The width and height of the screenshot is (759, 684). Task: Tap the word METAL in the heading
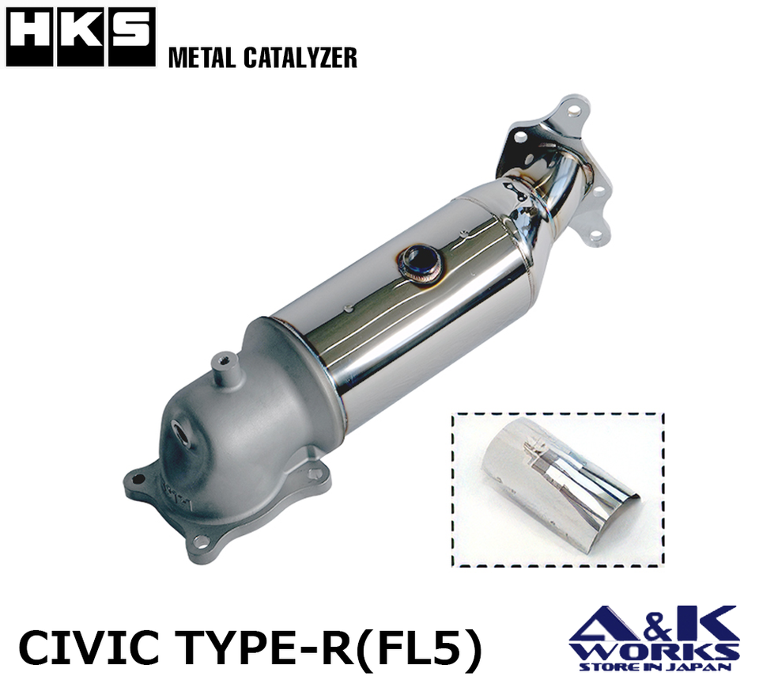point(202,57)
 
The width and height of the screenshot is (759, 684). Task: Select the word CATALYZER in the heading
point(300,57)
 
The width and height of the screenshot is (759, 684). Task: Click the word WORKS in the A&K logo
point(655,651)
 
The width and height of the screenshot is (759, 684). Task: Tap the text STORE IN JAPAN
point(655,667)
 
